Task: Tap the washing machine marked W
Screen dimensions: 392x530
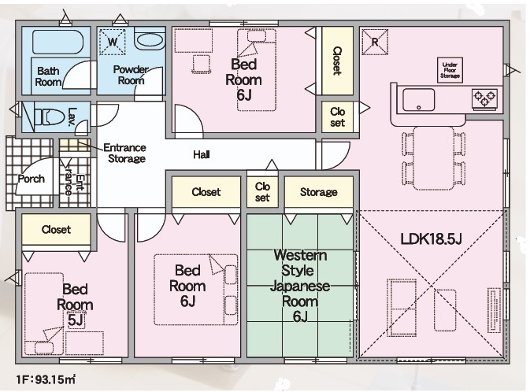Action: tap(113, 42)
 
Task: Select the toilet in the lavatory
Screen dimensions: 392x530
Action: tap(49, 117)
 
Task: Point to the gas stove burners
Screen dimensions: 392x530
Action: tap(484, 98)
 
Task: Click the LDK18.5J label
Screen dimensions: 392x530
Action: tap(430, 237)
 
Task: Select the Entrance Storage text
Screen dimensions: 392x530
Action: tap(126, 153)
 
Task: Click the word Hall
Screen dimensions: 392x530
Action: tap(201, 155)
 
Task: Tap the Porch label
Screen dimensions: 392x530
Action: tap(31, 179)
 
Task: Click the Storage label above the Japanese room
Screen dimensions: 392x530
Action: tap(318, 192)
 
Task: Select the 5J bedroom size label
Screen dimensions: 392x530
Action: tap(76, 320)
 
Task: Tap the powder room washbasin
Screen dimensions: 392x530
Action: tap(149, 40)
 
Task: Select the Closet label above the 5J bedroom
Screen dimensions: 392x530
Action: tap(56, 230)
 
